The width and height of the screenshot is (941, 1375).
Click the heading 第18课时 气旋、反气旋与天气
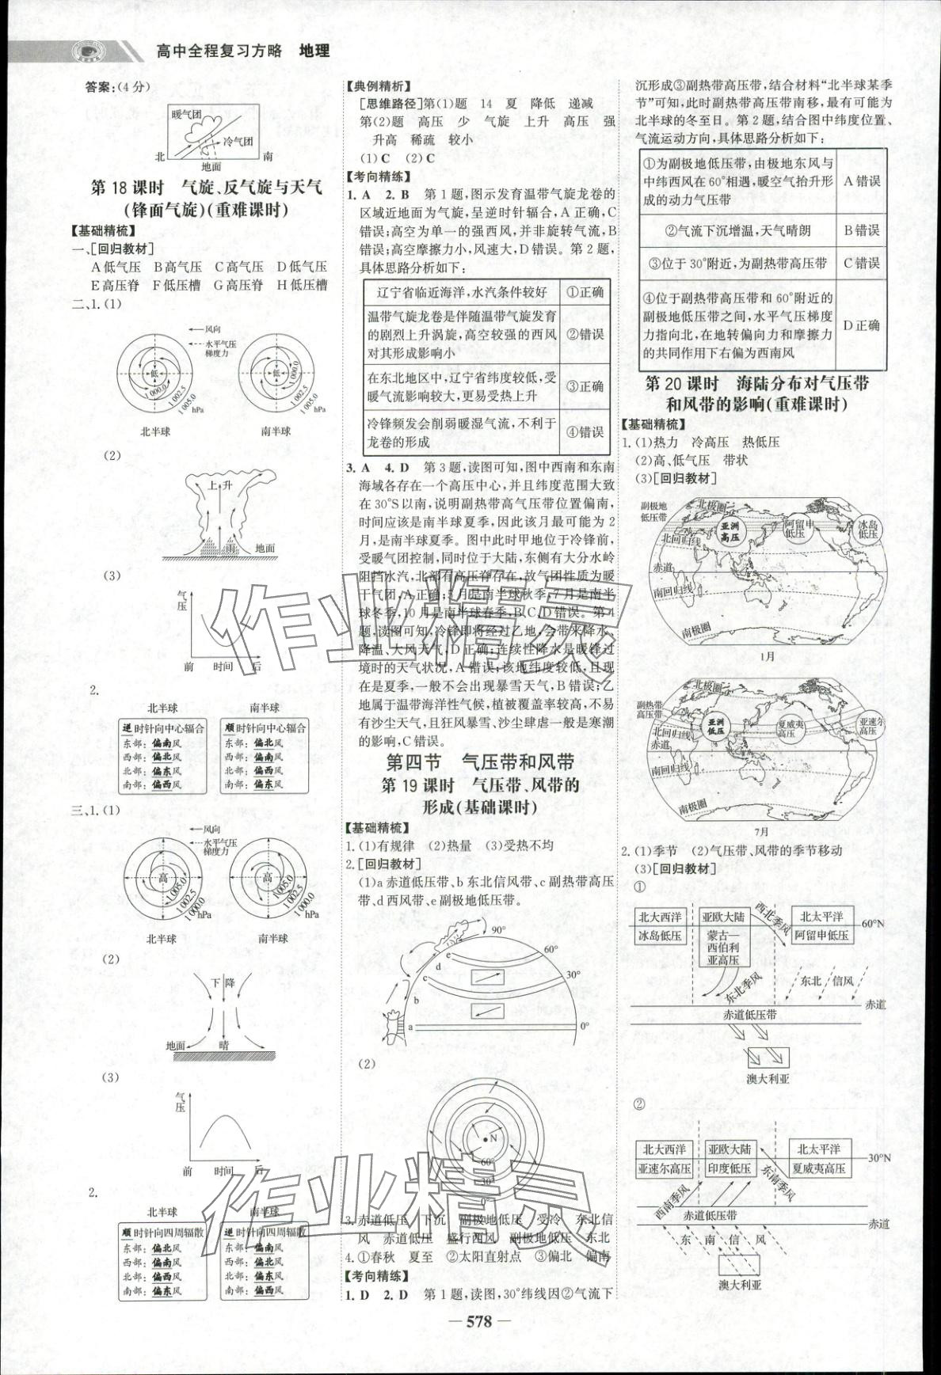click(x=207, y=188)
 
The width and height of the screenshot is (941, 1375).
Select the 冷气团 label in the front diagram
click(x=238, y=141)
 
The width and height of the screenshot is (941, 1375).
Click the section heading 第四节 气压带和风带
click(x=479, y=762)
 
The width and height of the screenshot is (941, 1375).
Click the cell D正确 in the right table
click(x=862, y=325)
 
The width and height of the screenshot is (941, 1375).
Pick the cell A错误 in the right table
click(x=862, y=181)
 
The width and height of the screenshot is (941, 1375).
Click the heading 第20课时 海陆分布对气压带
click(x=756, y=384)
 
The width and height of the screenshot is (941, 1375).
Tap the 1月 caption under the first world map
click(x=767, y=656)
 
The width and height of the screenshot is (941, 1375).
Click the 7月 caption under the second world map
click(x=762, y=832)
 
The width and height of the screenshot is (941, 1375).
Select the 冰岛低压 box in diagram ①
click(x=660, y=935)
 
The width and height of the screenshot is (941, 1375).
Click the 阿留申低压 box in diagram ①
click(x=821, y=935)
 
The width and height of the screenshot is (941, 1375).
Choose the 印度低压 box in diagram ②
click(x=729, y=1168)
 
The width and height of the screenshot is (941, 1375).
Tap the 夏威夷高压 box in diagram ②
click(x=818, y=1168)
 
